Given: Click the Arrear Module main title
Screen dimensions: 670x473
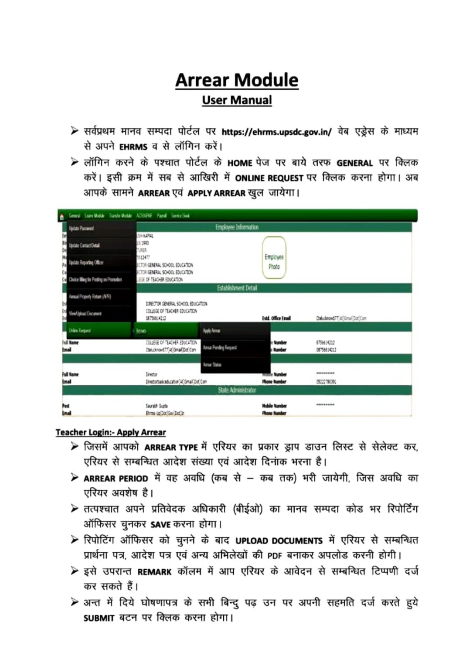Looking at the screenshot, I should pyautogui.click(x=237, y=80).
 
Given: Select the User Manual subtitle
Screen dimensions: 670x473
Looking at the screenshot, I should pyautogui.click(x=237, y=100).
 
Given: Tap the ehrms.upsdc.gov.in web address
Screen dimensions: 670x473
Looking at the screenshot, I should pyautogui.click(x=276, y=132).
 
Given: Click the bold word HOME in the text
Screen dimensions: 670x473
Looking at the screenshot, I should pyautogui.click(x=240, y=163).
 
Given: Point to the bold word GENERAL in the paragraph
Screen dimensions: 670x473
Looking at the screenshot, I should pyautogui.click(x=354, y=163).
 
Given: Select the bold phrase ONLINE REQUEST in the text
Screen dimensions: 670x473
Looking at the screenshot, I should pyautogui.click(x=269, y=178).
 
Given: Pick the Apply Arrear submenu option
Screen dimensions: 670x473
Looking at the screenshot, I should pyautogui.click(x=211, y=331).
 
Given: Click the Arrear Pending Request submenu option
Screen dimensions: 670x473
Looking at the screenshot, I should pyautogui.click(x=220, y=348).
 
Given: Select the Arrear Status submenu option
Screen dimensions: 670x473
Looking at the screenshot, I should pyautogui.click(x=212, y=365).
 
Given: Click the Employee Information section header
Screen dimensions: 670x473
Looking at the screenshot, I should pyautogui.click(x=237, y=227).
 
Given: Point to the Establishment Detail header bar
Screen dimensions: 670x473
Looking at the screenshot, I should pyautogui.click(x=237, y=288).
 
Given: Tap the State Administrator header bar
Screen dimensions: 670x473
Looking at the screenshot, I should pyautogui.click(x=237, y=390).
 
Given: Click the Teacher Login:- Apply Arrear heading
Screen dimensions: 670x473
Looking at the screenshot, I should pyautogui.click(x=111, y=432).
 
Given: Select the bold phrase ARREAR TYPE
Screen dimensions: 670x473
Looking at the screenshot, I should pyautogui.click(x=171, y=448).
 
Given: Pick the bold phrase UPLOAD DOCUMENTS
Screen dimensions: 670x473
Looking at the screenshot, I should pyautogui.click(x=279, y=541).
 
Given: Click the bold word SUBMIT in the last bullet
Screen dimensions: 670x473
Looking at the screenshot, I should pyautogui.click(x=99, y=618).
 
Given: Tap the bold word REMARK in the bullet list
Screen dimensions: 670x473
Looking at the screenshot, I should pyautogui.click(x=154, y=572).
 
